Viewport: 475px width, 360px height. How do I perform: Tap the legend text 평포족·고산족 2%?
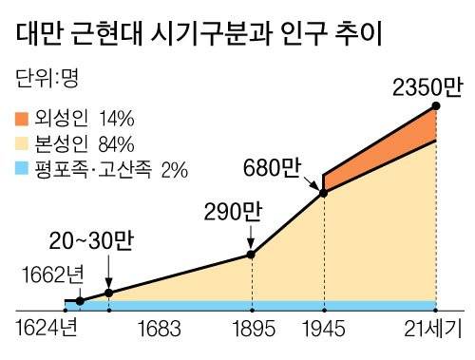[x=115, y=171]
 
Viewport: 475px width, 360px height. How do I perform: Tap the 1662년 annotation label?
[x=53, y=275]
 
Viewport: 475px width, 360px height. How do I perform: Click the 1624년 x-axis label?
[x=47, y=331]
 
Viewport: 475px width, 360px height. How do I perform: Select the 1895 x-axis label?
[x=251, y=331]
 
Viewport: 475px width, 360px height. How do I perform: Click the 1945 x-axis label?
[x=324, y=331]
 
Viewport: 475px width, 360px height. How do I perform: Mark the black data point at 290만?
[x=251, y=254]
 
